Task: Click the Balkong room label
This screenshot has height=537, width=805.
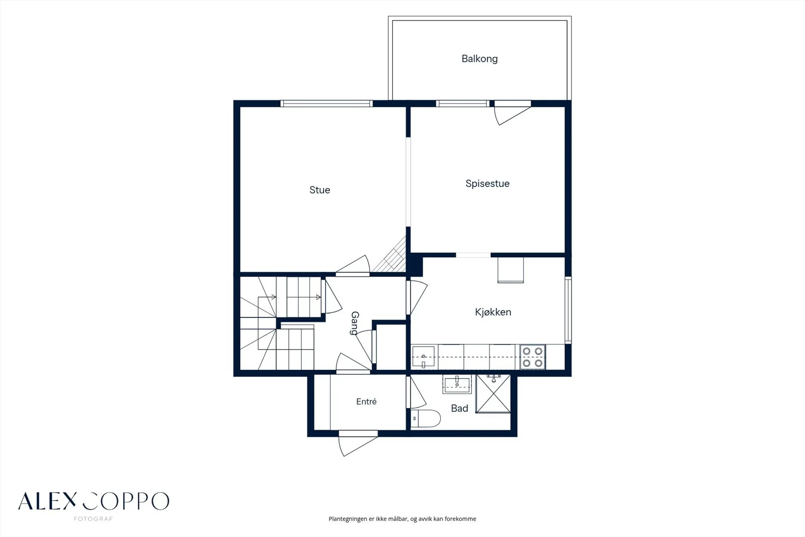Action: [479, 58]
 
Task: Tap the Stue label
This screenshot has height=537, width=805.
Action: [319, 190]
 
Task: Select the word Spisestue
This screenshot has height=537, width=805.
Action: [488, 183]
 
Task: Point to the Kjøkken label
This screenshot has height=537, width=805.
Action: [493, 312]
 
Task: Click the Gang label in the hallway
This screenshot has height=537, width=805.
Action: [355, 323]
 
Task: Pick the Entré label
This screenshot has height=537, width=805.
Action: [366, 401]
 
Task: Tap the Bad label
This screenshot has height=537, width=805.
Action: [459, 408]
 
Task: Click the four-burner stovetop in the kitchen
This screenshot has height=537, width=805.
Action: [533, 357]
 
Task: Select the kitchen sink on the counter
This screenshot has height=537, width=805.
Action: [423, 357]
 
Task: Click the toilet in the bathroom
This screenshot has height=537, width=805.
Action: [426, 418]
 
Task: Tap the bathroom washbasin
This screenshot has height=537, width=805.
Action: [457, 384]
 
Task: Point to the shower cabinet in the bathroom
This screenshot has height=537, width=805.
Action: [493, 393]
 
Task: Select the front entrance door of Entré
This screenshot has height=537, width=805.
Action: [358, 443]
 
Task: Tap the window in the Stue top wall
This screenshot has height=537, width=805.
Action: [327, 104]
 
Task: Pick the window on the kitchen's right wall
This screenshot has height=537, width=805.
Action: [568, 310]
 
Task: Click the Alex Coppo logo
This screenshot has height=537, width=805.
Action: [94, 501]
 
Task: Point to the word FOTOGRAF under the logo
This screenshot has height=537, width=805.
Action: [94, 519]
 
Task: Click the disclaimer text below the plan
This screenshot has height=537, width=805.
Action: [402, 519]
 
